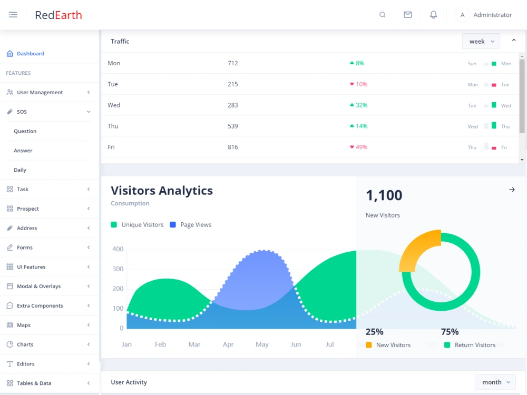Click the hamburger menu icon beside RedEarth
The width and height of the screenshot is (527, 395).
click(x=13, y=15)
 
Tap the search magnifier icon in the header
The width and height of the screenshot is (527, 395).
click(x=383, y=15)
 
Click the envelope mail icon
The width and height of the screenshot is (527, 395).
click(x=408, y=15)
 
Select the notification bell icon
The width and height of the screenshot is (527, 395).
click(x=434, y=15)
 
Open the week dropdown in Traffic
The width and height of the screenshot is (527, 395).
click(x=481, y=41)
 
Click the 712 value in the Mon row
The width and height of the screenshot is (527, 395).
click(x=232, y=63)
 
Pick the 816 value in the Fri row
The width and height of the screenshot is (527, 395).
click(x=232, y=147)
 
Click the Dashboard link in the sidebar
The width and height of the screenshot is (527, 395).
click(x=31, y=53)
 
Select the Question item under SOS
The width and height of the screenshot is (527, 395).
click(x=25, y=131)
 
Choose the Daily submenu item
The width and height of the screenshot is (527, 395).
click(x=20, y=170)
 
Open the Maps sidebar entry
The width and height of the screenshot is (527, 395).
click(x=24, y=325)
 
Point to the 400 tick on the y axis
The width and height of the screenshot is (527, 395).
click(x=118, y=249)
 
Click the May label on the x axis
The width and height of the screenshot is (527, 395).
click(x=262, y=344)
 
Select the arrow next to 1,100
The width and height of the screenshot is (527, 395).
click(x=512, y=190)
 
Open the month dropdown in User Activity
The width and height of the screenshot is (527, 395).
click(x=495, y=382)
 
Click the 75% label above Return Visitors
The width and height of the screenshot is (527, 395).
click(x=450, y=332)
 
